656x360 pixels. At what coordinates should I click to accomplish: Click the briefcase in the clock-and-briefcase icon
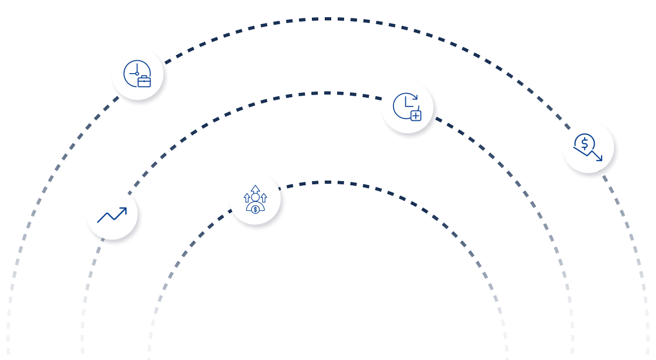pyautogui.click(x=144, y=82)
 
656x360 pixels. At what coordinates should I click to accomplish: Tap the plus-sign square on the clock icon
pyautogui.click(x=415, y=115)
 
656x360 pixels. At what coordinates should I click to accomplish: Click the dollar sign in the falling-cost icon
pyautogui.click(x=584, y=143)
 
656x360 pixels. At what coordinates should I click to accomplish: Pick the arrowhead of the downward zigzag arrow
pyautogui.click(x=600, y=159)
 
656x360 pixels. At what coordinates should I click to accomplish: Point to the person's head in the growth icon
pyautogui.click(x=255, y=197)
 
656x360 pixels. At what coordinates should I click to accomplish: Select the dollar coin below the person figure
pyautogui.click(x=255, y=209)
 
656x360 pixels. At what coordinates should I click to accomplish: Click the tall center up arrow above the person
pyautogui.click(x=255, y=189)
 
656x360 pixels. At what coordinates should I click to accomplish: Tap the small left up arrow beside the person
pyautogui.click(x=247, y=198)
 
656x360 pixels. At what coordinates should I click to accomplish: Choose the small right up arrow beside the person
pyautogui.click(x=263, y=198)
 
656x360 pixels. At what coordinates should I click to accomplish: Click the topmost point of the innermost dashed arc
pyautogui.click(x=327, y=182)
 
